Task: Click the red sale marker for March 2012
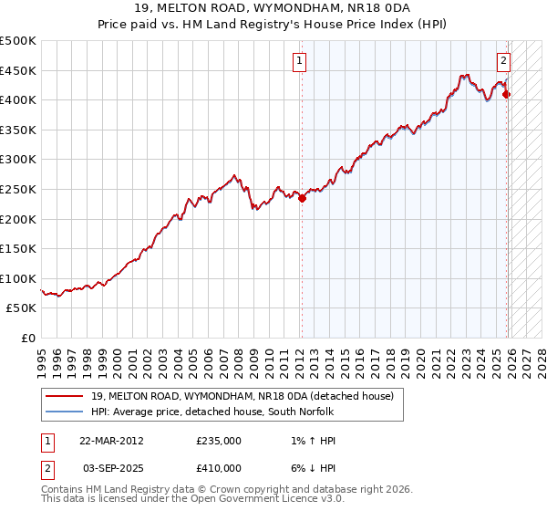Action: (x=302, y=198)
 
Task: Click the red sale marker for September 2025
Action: (x=507, y=94)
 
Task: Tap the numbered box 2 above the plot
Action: (x=503, y=61)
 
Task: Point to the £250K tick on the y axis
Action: (x=18, y=189)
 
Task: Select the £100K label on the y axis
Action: (x=18, y=278)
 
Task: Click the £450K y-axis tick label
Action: (x=18, y=70)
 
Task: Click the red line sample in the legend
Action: (x=63, y=396)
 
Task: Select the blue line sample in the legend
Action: (x=63, y=412)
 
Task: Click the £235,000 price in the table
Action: (x=219, y=441)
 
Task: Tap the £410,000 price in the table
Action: (x=219, y=467)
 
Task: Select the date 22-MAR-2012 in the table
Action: (x=111, y=441)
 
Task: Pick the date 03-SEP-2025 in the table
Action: (x=111, y=467)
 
